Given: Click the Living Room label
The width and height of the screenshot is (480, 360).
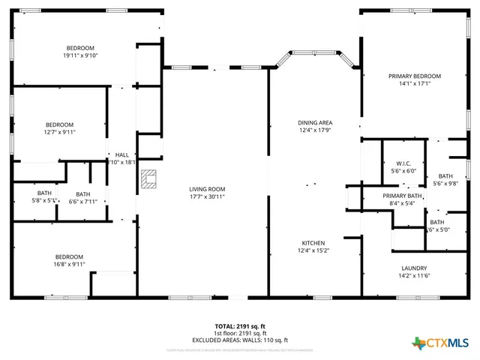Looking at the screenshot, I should [x=207, y=189].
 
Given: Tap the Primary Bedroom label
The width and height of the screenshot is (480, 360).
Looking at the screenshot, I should [x=414, y=76].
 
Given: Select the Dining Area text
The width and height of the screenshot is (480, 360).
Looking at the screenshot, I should [x=315, y=122].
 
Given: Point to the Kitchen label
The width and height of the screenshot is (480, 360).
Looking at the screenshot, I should [x=313, y=243].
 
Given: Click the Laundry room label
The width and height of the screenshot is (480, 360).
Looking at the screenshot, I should [x=414, y=268].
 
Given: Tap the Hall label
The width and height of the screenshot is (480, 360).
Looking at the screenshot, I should [x=121, y=154].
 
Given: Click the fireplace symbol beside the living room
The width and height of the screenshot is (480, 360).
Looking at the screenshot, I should [x=149, y=179].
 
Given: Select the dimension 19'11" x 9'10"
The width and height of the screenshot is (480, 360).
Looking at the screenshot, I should [x=80, y=55].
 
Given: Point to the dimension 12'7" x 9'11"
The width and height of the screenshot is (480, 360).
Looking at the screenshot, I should [x=59, y=132].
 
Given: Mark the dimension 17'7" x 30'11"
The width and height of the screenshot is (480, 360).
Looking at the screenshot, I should [x=207, y=196].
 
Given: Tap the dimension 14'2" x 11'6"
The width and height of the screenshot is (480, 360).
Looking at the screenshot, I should [x=414, y=275].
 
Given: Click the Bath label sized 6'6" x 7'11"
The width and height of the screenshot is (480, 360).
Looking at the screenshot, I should [x=82, y=193].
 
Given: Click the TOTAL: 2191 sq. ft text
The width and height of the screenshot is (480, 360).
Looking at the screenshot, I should [x=240, y=326].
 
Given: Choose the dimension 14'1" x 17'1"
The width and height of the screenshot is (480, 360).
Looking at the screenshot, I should [x=414, y=84].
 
